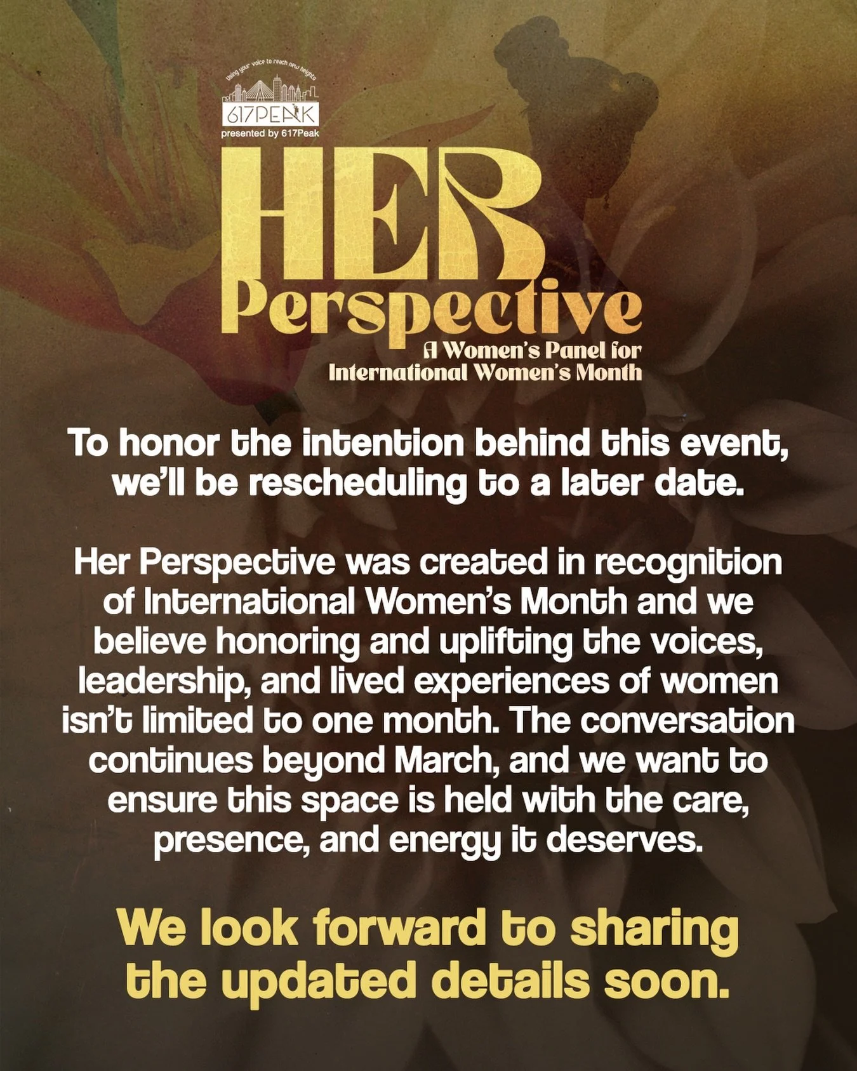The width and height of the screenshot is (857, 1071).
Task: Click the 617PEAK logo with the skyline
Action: pos(271,102)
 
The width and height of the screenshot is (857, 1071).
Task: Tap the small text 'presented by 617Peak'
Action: pos(270,133)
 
